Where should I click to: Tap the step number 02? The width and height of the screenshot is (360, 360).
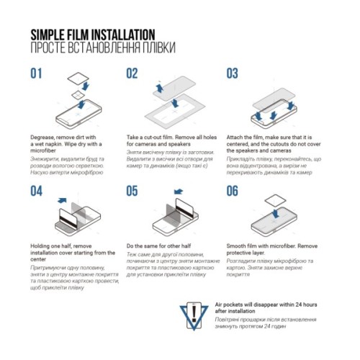point(132,73)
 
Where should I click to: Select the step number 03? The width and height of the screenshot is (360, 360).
point(233,73)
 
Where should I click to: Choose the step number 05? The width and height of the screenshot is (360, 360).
point(132,191)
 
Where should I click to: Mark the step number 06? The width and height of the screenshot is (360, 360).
point(233,191)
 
